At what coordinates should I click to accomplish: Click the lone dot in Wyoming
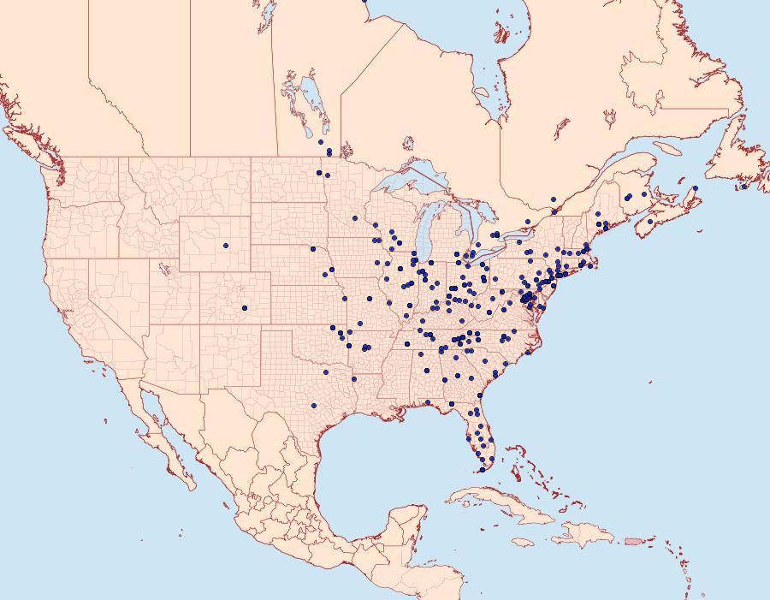(x=226, y=246)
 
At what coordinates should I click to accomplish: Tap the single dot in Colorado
(x=245, y=308)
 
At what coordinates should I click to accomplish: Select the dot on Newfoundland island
(x=744, y=186)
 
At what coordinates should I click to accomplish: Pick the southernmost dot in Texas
(x=314, y=405)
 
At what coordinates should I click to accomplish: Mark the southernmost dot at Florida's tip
(x=482, y=470)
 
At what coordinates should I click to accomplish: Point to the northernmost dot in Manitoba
(x=320, y=141)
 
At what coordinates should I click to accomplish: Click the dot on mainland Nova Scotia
(x=650, y=222)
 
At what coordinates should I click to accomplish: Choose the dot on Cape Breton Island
(x=696, y=188)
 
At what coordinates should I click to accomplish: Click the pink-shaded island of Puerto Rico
(x=634, y=540)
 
